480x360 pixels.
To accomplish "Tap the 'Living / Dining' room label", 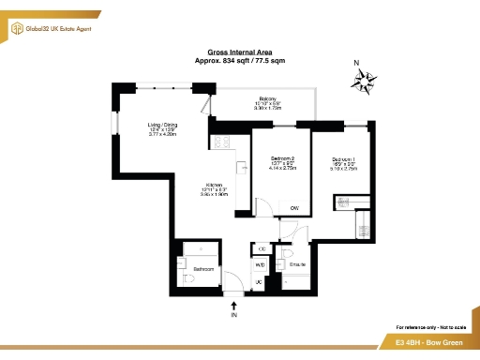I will (x=162, y=124).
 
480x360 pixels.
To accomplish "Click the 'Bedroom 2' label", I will (x=282, y=158).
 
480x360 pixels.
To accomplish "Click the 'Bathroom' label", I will (x=203, y=269).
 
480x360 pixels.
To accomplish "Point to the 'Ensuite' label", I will (x=298, y=265).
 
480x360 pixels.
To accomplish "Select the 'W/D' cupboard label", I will (x=260, y=265).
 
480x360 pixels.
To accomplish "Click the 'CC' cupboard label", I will (x=262, y=248).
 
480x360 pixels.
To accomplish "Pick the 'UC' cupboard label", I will (x=258, y=283).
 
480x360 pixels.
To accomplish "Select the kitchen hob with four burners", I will (x=223, y=142).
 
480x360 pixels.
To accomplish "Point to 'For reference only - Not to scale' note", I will (x=428, y=325).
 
